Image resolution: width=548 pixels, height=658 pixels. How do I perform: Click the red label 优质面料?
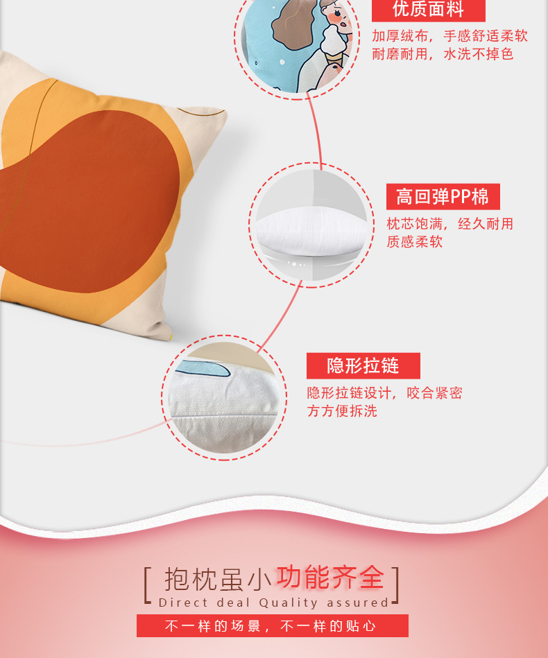pos(428,10)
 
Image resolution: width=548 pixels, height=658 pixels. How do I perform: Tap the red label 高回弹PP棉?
pos(443,197)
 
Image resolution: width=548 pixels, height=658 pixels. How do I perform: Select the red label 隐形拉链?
pos(363,365)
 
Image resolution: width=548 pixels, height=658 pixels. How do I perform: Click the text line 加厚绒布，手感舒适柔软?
pos(449,36)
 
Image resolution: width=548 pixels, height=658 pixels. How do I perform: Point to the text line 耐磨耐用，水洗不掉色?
pos(443,54)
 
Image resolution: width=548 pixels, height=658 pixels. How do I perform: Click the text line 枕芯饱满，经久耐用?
pos(449,223)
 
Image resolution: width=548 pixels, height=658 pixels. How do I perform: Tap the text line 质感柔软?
pos(414,241)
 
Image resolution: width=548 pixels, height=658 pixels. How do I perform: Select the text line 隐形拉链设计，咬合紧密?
pos(384,393)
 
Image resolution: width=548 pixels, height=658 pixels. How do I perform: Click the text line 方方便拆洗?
pos(342,411)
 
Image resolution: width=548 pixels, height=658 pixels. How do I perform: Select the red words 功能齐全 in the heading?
pos(330,577)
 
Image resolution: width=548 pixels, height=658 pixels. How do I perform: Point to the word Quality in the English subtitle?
pos(289,603)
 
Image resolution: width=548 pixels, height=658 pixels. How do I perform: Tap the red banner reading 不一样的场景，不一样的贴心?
pos(272,626)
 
